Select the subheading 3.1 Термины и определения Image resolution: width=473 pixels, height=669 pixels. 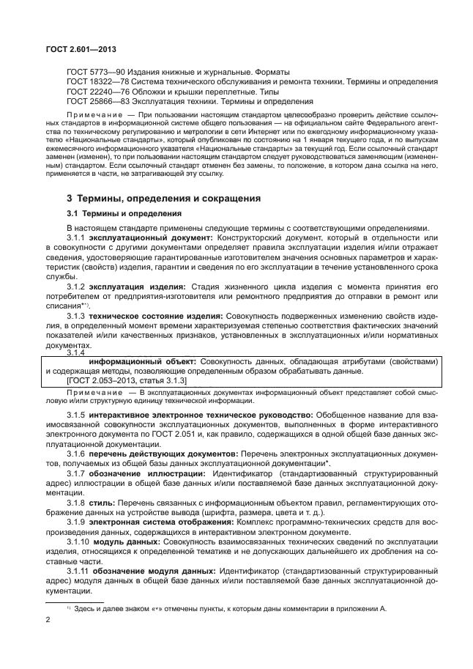tap(124, 214)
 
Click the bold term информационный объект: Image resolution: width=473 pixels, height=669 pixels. tap(142, 361)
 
